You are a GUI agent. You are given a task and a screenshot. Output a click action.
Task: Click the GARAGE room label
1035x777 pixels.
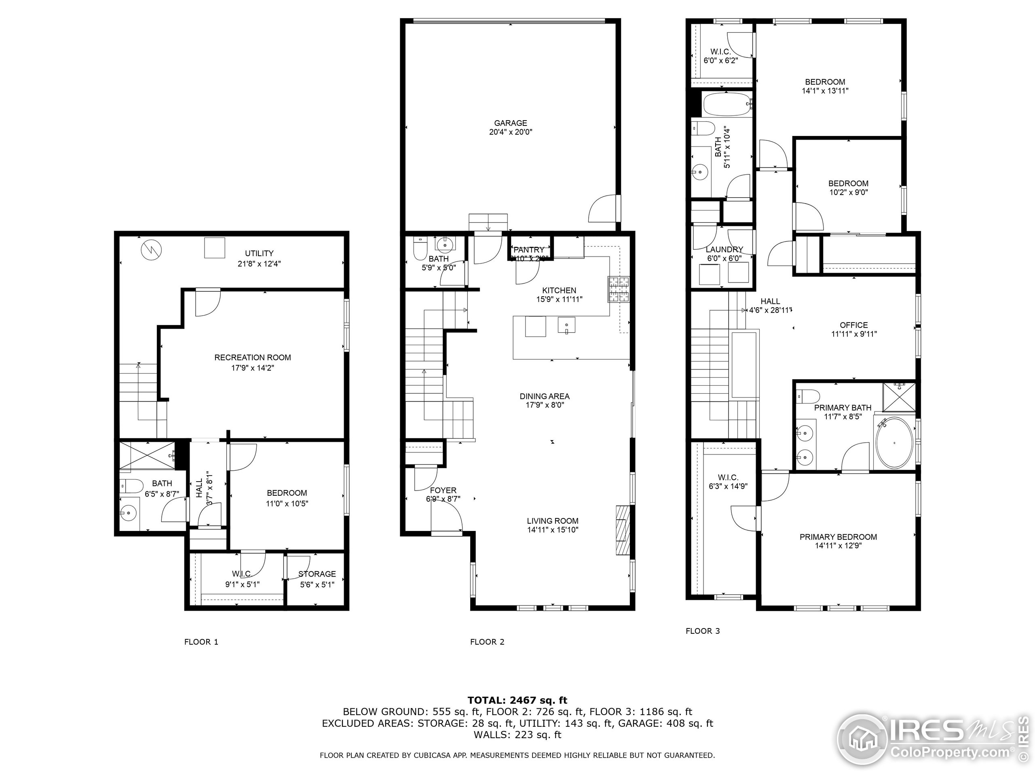511,123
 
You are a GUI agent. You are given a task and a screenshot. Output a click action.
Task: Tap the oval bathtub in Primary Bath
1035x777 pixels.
894,443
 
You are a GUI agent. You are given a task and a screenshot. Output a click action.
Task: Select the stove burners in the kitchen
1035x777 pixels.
619,289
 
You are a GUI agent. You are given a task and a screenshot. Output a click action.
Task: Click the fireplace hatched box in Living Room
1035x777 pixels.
623,530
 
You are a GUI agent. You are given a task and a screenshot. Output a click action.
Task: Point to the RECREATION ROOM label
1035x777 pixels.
252,357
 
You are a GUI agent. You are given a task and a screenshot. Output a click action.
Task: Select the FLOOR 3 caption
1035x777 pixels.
702,631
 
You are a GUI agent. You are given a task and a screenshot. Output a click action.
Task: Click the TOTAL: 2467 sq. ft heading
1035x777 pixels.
517,700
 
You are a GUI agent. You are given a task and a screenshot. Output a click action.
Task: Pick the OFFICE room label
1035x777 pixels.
853,325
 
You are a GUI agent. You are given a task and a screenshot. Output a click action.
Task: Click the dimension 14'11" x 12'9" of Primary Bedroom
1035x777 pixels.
838,546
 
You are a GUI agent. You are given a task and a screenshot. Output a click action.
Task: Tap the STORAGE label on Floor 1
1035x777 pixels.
317,574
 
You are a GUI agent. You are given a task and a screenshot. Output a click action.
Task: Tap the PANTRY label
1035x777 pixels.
529,250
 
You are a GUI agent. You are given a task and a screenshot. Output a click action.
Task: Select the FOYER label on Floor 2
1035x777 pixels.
443,490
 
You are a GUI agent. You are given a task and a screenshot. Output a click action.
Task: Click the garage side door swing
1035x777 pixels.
604,210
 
